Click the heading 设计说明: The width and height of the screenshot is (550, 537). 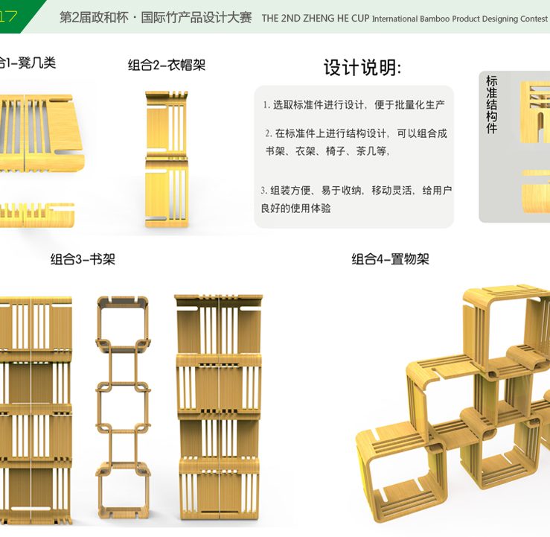point(362,68)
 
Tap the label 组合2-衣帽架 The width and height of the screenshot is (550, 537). point(167,66)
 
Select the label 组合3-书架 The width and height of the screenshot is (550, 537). point(83,260)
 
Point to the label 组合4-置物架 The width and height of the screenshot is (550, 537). point(390,260)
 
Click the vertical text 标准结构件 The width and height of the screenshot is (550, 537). point(492,104)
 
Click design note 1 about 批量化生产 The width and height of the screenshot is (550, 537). point(354,105)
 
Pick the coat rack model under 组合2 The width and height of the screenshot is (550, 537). point(166,158)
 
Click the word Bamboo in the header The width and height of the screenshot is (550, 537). point(437,19)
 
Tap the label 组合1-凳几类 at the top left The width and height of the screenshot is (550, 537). point(28,63)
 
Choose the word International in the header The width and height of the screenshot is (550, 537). point(394,19)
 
